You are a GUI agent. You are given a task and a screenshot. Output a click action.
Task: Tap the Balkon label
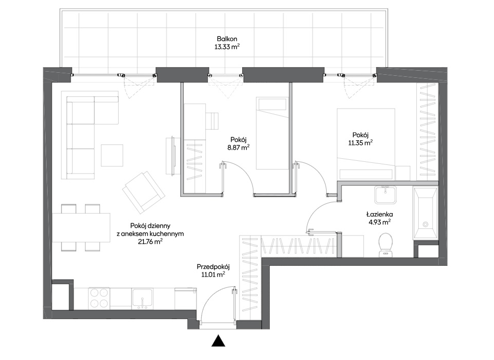click(227, 39)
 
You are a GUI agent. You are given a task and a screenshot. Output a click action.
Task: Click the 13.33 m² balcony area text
click(227, 47)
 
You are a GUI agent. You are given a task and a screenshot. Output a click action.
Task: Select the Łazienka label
click(380, 215)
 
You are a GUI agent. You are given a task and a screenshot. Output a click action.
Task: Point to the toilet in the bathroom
click(385, 244)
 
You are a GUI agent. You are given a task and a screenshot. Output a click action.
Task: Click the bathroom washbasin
click(385, 195)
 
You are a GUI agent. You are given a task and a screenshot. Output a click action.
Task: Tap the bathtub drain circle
click(425, 224)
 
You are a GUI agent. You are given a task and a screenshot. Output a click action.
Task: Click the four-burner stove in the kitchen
click(99, 298)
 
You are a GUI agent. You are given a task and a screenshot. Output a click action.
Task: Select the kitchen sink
click(142, 299)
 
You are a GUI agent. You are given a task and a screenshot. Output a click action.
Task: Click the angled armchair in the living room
click(144, 192)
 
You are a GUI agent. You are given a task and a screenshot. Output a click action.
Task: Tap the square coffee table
click(112, 155)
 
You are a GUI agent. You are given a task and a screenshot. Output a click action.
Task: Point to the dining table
click(81, 227)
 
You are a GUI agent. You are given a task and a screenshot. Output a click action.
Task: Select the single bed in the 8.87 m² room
click(272, 133)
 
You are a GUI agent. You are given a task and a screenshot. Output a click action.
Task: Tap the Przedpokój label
click(213, 267)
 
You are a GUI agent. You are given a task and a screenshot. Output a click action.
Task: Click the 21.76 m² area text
click(151, 242)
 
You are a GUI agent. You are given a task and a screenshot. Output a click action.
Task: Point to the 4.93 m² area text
click(380, 222)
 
